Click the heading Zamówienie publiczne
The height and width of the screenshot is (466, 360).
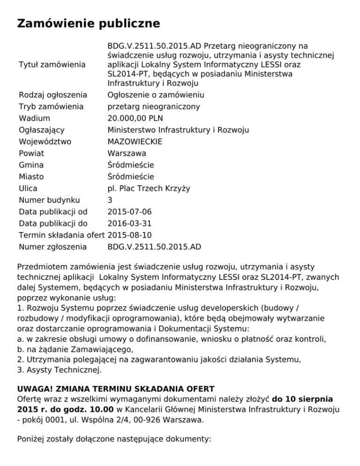pos(89,23)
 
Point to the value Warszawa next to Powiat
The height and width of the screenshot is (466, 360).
pos(127,153)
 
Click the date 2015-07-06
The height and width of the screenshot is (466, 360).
pos(129,211)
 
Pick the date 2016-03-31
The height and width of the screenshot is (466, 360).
pos(129,223)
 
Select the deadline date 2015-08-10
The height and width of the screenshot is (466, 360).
pos(129,235)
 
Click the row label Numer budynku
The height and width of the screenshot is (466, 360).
pos(49,200)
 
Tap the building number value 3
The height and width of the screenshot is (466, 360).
pos(110,200)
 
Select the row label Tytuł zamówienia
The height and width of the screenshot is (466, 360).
pos(52,64)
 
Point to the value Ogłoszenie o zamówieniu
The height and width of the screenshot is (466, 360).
pos(156,95)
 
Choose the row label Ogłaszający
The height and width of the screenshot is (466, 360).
pos(41,130)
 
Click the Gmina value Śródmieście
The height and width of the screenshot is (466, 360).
pos(131,165)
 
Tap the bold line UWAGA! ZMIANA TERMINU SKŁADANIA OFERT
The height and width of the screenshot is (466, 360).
pos(115,389)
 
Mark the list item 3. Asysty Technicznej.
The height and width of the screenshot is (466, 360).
pos(59,370)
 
